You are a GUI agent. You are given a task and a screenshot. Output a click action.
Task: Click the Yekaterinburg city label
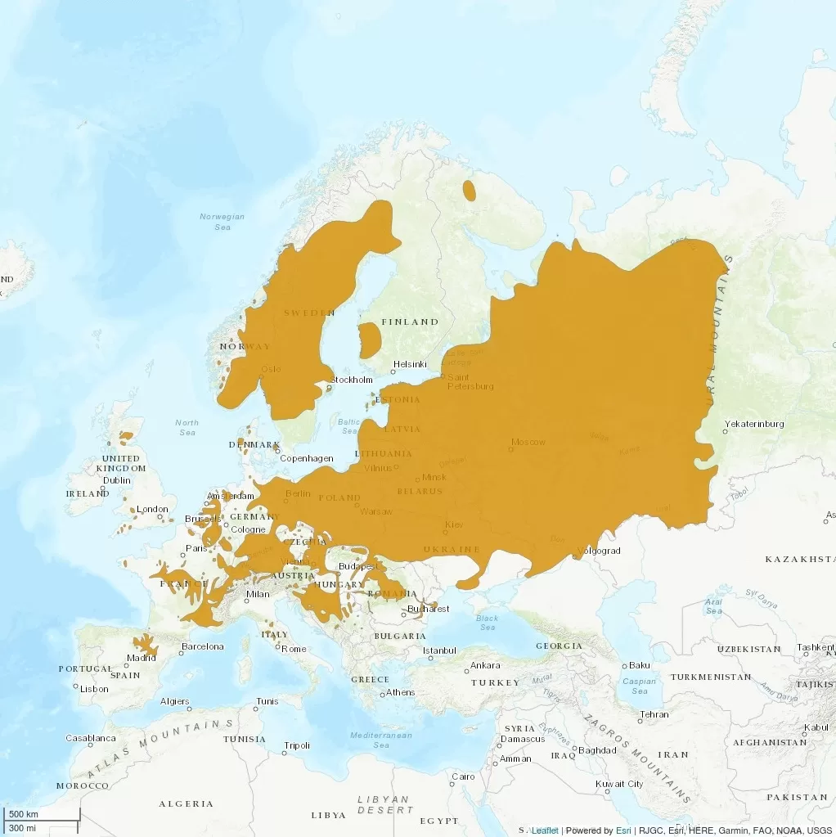pyautogui.click(x=757, y=424)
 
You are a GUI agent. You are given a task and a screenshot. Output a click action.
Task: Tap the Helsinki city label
pyautogui.click(x=410, y=364)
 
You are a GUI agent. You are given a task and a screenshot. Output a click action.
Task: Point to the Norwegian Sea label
pyautogui.click(x=222, y=222)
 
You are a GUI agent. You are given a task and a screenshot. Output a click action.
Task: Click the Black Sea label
pyautogui.click(x=488, y=623)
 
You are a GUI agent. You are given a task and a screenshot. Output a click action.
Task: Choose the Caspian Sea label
pyautogui.click(x=640, y=686)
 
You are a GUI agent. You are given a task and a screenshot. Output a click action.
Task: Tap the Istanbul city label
pyautogui.click(x=439, y=650)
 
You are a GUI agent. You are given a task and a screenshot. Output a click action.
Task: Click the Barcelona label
pyautogui.click(x=202, y=646)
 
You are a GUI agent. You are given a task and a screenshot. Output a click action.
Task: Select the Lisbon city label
pyautogui.click(x=94, y=689)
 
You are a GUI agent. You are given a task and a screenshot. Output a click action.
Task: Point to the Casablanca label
pyautogui.click(x=91, y=738)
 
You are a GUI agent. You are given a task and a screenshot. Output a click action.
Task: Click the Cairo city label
pyautogui.click(x=463, y=776)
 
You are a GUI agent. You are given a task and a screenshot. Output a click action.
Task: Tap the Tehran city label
pyautogui.click(x=654, y=714)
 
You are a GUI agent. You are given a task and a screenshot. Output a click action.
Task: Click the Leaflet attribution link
pyautogui.click(x=545, y=830)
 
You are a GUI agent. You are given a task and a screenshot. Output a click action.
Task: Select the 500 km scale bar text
pyautogui.click(x=23, y=815)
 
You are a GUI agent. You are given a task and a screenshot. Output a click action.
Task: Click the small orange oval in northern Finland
pyautogui.click(x=469, y=191)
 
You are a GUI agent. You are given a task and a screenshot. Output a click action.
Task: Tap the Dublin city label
pyautogui.click(x=117, y=480)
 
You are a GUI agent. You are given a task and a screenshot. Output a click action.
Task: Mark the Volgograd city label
pyautogui.click(x=599, y=551)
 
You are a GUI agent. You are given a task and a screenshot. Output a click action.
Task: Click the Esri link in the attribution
pyautogui.click(x=623, y=830)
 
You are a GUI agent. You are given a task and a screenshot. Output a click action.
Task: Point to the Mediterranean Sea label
pyautogui.click(x=381, y=740)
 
